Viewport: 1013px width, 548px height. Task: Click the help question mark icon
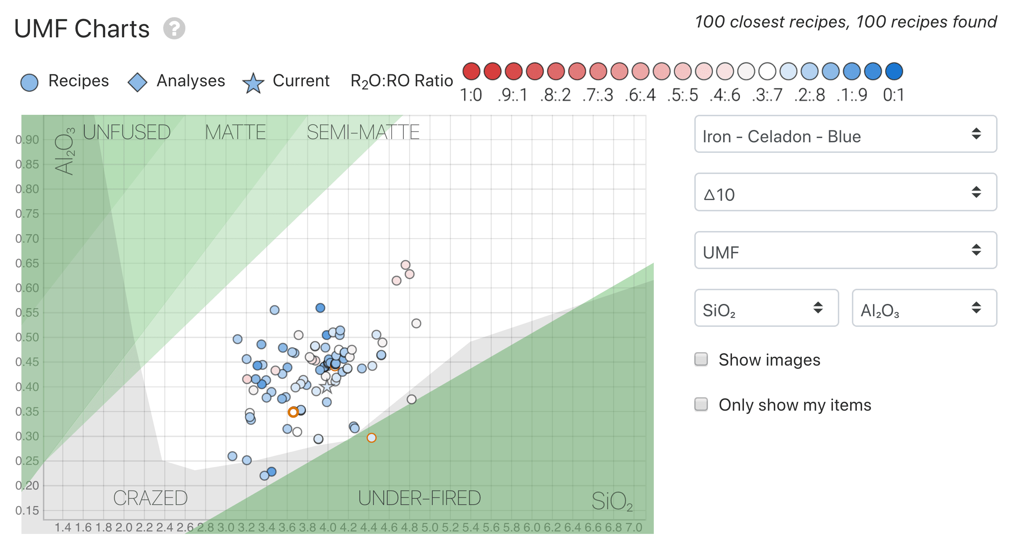[174, 28]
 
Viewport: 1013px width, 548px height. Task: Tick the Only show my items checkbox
[701, 404]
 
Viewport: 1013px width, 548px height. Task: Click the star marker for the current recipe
[327, 387]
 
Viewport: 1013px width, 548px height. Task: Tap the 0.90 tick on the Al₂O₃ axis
[27, 140]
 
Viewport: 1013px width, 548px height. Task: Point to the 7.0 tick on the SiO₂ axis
[633, 527]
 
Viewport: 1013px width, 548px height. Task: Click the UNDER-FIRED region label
[419, 498]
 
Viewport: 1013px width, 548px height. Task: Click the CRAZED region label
[150, 498]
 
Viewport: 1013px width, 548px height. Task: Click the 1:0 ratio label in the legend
[471, 95]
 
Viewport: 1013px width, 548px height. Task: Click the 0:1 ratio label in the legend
[893, 95]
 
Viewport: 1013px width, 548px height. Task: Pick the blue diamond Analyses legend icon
[137, 82]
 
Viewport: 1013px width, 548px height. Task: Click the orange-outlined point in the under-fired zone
[371, 438]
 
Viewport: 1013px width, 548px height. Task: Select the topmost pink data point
[406, 265]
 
